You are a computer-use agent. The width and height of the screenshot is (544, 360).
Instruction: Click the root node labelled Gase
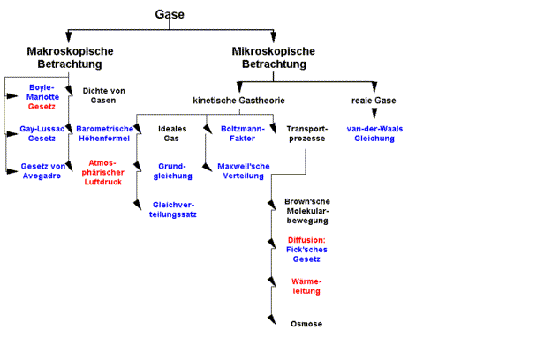(170, 15)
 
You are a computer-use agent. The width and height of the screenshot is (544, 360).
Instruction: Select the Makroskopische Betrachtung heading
(71, 57)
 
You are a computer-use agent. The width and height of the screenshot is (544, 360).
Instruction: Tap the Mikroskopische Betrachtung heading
(275, 57)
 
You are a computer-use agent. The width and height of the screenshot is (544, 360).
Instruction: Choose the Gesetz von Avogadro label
(42, 171)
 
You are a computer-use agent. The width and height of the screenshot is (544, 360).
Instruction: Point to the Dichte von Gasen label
(104, 95)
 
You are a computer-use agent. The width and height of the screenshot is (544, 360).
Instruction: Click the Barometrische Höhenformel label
(104, 134)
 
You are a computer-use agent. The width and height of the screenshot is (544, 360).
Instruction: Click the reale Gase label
(374, 101)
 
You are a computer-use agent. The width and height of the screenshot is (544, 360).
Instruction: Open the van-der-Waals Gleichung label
(374, 134)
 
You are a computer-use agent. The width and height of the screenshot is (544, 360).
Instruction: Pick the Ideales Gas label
(172, 134)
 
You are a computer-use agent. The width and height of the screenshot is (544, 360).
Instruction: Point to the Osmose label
(306, 324)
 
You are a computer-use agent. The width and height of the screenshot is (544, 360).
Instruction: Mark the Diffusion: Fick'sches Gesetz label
(306, 250)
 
